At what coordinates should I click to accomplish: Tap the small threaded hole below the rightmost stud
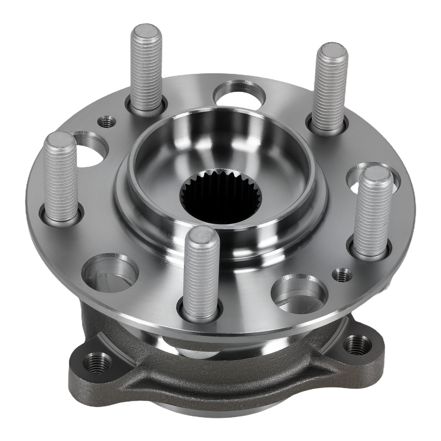pos(342,275)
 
